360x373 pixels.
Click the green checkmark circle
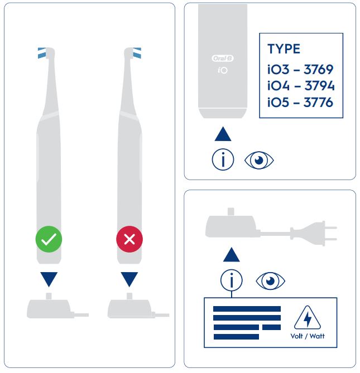tap(49, 239)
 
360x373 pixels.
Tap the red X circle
tap(129, 239)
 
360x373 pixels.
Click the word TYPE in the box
tap(284, 49)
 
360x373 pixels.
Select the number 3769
tap(318, 70)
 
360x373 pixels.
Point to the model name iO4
tap(279, 86)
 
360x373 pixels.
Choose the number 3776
tap(318, 102)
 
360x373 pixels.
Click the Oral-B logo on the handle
tap(223, 59)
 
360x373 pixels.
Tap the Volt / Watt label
tap(308, 336)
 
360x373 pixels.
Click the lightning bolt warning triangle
tap(308, 318)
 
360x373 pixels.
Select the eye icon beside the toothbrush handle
tap(259, 160)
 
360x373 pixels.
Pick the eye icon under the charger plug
tap(271, 281)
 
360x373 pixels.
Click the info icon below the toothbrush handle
tap(223, 159)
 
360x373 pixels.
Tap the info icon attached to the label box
tap(232, 280)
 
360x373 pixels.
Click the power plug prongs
tap(331, 234)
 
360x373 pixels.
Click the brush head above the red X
tap(133, 53)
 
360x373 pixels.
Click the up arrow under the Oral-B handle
tap(223, 134)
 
